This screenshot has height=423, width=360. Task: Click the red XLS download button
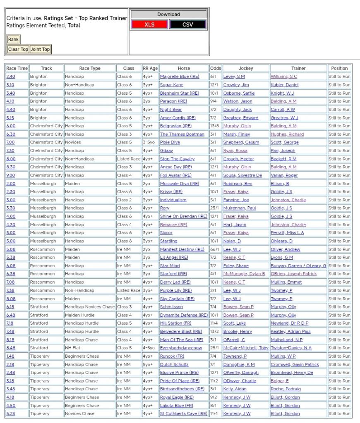click(149, 24)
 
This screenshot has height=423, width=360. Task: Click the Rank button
click(13, 40)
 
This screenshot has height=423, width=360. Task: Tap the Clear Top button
click(18, 49)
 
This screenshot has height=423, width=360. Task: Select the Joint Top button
click(40, 49)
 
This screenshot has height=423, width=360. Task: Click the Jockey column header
click(246, 68)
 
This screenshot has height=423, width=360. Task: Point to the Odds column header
click(215, 68)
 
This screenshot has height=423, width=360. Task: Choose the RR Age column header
click(150, 68)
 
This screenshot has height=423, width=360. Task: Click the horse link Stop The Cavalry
click(177, 159)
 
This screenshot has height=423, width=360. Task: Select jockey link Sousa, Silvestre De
click(242, 175)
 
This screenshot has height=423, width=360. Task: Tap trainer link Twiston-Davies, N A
click(291, 348)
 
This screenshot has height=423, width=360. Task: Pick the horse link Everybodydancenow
click(181, 348)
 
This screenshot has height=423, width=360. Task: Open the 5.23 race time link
click(10, 413)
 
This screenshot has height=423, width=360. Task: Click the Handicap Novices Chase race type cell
click(89, 307)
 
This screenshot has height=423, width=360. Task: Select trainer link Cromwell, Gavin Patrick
click(295, 364)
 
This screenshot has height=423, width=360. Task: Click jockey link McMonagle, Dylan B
click(244, 274)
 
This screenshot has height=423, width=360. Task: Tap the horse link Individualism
click(173, 200)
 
